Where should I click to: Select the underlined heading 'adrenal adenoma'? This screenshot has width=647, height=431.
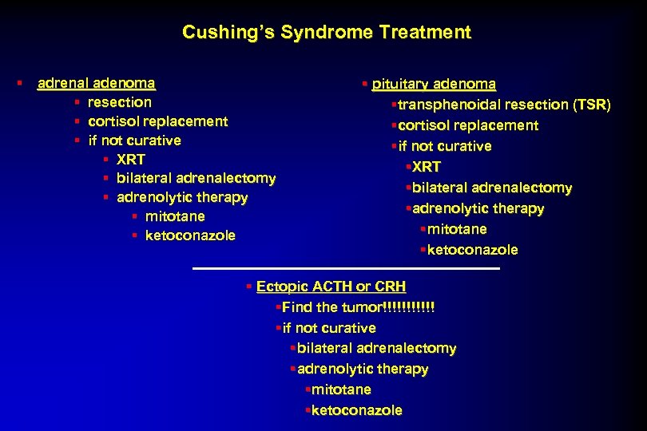point(97,83)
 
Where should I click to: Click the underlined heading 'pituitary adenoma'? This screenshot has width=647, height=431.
point(434,85)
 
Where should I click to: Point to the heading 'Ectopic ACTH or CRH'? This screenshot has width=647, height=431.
point(331,287)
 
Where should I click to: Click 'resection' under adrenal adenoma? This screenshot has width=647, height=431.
point(120,102)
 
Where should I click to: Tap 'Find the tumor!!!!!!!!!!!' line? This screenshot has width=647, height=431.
point(359,307)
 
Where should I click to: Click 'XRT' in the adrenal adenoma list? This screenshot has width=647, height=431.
point(131,160)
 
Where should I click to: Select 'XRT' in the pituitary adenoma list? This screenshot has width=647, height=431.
point(427,167)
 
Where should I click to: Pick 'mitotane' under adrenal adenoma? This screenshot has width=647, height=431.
point(175,216)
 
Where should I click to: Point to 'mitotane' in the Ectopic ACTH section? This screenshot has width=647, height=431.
point(341,389)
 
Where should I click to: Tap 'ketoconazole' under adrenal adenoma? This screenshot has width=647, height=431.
point(190,235)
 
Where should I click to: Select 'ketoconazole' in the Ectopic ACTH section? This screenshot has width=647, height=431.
point(356,410)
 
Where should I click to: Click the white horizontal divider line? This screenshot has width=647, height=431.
point(346,269)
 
